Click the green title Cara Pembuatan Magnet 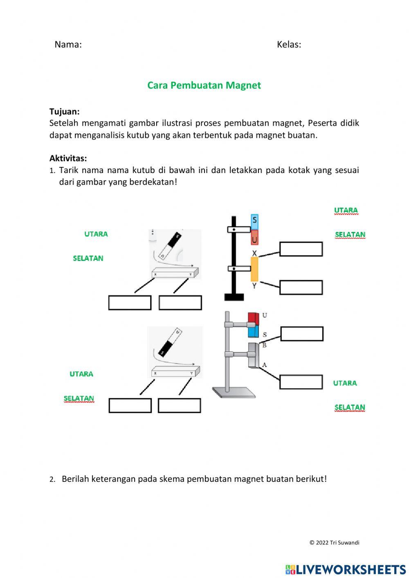[204, 85]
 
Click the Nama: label [68, 45]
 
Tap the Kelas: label [289, 45]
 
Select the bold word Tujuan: [64, 111]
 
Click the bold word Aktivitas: [68, 158]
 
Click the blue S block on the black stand [254, 221]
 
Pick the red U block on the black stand [254, 238]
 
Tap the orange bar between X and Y [254, 269]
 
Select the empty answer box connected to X [301, 249]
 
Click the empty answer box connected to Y [301, 287]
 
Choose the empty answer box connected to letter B [301, 334]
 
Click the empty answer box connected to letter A [301, 382]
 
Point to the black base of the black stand [234, 297]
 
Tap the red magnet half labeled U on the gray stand [254, 319]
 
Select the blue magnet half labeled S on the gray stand [254, 331]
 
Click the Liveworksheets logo [345, 569]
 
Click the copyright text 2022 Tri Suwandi [334, 542]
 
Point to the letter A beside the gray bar [264, 364]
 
